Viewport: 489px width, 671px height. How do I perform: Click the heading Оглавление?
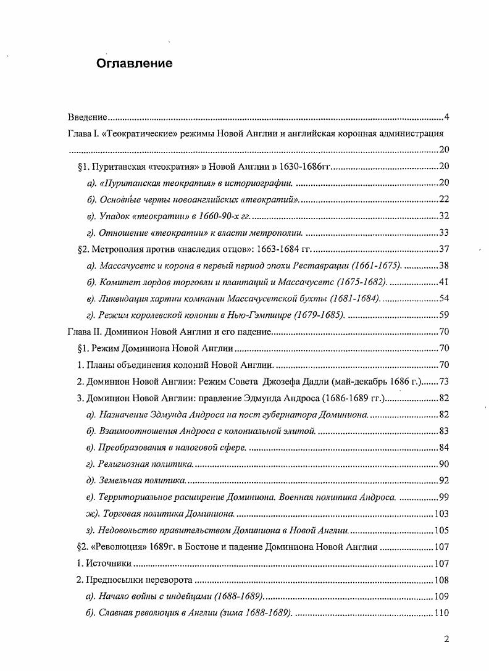point(133,64)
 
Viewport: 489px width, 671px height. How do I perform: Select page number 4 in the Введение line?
point(447,117)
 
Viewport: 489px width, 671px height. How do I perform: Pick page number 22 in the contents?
point(443,199)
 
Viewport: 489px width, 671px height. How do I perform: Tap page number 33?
point(443,232)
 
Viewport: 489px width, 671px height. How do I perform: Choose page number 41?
point(443,282)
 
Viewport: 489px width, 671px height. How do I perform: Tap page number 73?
point(443,381)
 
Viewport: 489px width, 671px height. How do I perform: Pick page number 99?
point(443,497)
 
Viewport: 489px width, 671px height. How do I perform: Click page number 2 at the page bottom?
point(446,640)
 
